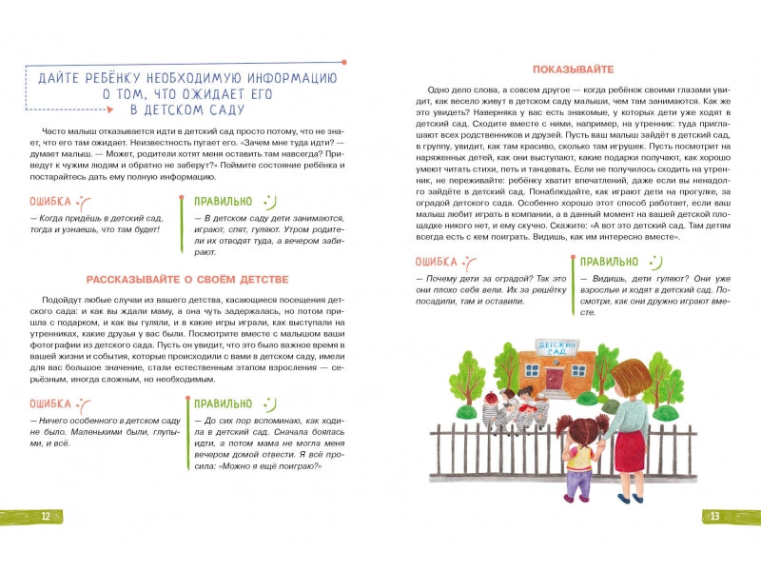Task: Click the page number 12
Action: [x=46, y=516]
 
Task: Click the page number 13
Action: [x=714, y=516]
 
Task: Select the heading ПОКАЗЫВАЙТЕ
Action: [x=566, y=69]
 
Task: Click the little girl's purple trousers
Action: [x=577, y=481]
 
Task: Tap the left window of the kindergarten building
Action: [x=531, y=373]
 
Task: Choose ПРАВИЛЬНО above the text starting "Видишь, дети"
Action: [x=610, y=261]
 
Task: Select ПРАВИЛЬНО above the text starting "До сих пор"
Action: [x=223, y=403]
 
